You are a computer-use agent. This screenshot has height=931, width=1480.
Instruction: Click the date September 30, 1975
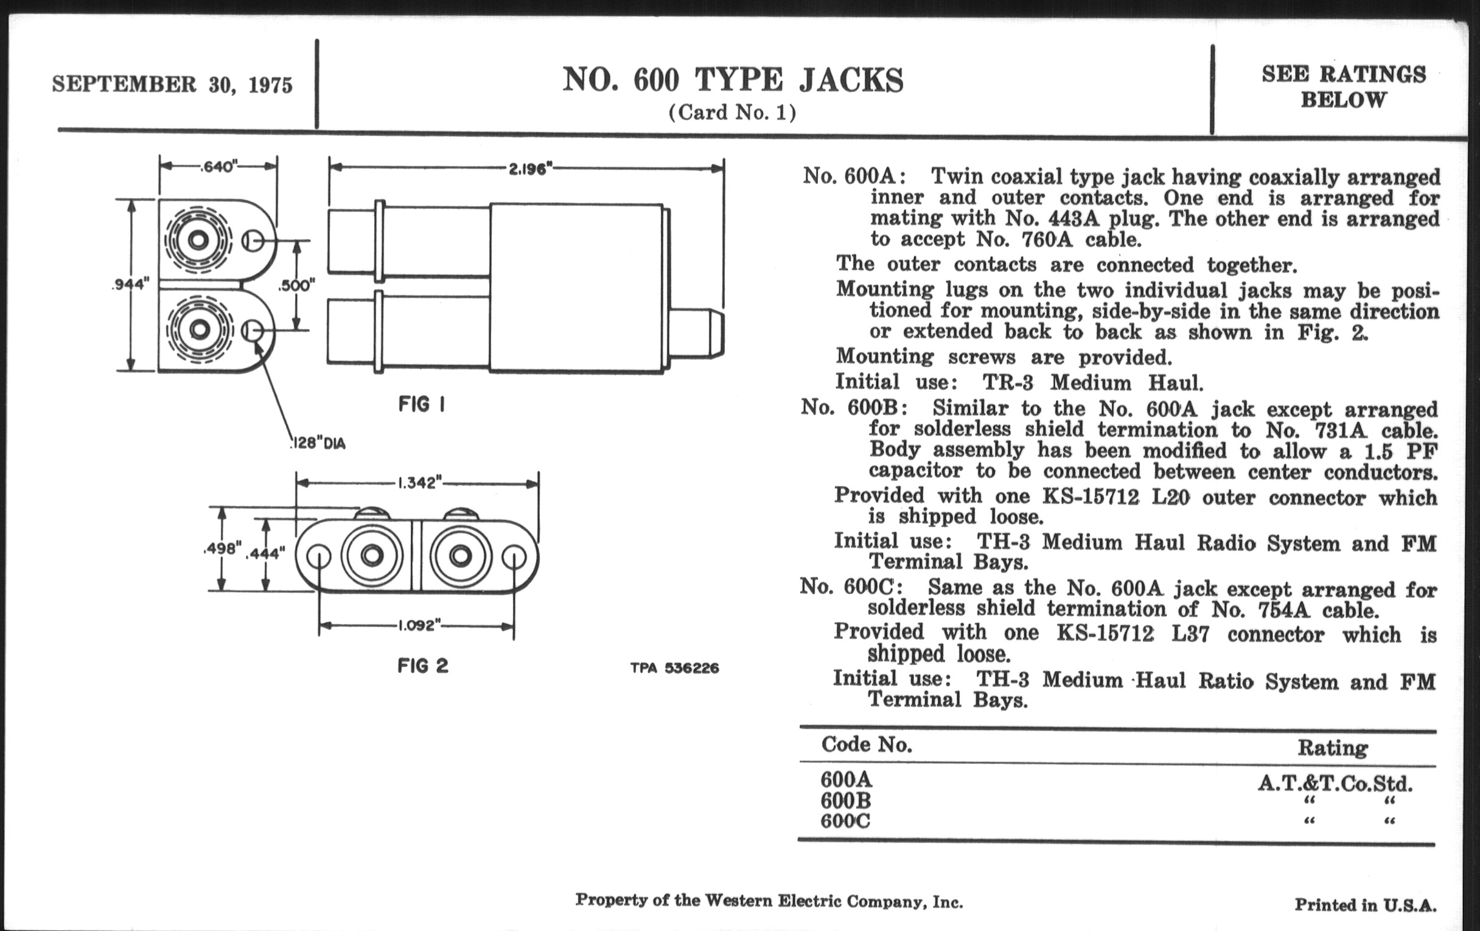pyautogui.click(x=172, y=84)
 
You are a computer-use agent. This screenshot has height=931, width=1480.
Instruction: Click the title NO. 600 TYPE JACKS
pyautogui.click(x=733, y=80)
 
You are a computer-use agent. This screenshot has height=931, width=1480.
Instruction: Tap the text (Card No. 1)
pyautogui.click(x=732, y=113)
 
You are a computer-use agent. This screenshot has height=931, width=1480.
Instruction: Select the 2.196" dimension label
pyautogui.click(x=529, y=169)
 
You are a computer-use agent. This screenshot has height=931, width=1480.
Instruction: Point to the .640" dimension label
pyautogui.click(x=219, y=167)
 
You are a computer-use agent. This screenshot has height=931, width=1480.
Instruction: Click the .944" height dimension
pyautogui.click(x=130, y=284)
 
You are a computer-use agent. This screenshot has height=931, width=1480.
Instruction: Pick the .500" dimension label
pyautogui.click(x=297, y=286)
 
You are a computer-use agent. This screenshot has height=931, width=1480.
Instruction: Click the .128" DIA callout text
pyautogui.click(x=317, y=443)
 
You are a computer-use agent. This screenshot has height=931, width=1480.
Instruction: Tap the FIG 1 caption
pyautogui.click(x=422, y=405)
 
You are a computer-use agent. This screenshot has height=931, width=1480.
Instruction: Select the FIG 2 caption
pyautogui.click(x=423, y=666)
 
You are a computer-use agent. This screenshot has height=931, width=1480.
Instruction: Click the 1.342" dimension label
pyautogui.click(x=420, y=483)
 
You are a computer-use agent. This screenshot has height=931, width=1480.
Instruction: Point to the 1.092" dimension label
pyautogui.click(x=420, y=626)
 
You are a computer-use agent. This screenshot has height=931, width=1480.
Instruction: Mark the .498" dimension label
pyautogui.click(x=222, y=549)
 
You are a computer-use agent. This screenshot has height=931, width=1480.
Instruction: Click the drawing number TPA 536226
pyautogui.click(x=674, y=668)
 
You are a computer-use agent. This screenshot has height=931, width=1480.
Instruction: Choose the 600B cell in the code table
pyautogui.click(x=846, y=800)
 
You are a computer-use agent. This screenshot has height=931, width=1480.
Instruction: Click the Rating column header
pyautogui.click(x=1333, y=748)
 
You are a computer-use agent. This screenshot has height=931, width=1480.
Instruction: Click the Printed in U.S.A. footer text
pyautogui.click(x=1365, y=905)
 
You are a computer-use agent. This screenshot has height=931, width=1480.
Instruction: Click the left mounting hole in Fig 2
pyautogui.click(x=319, y=557)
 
